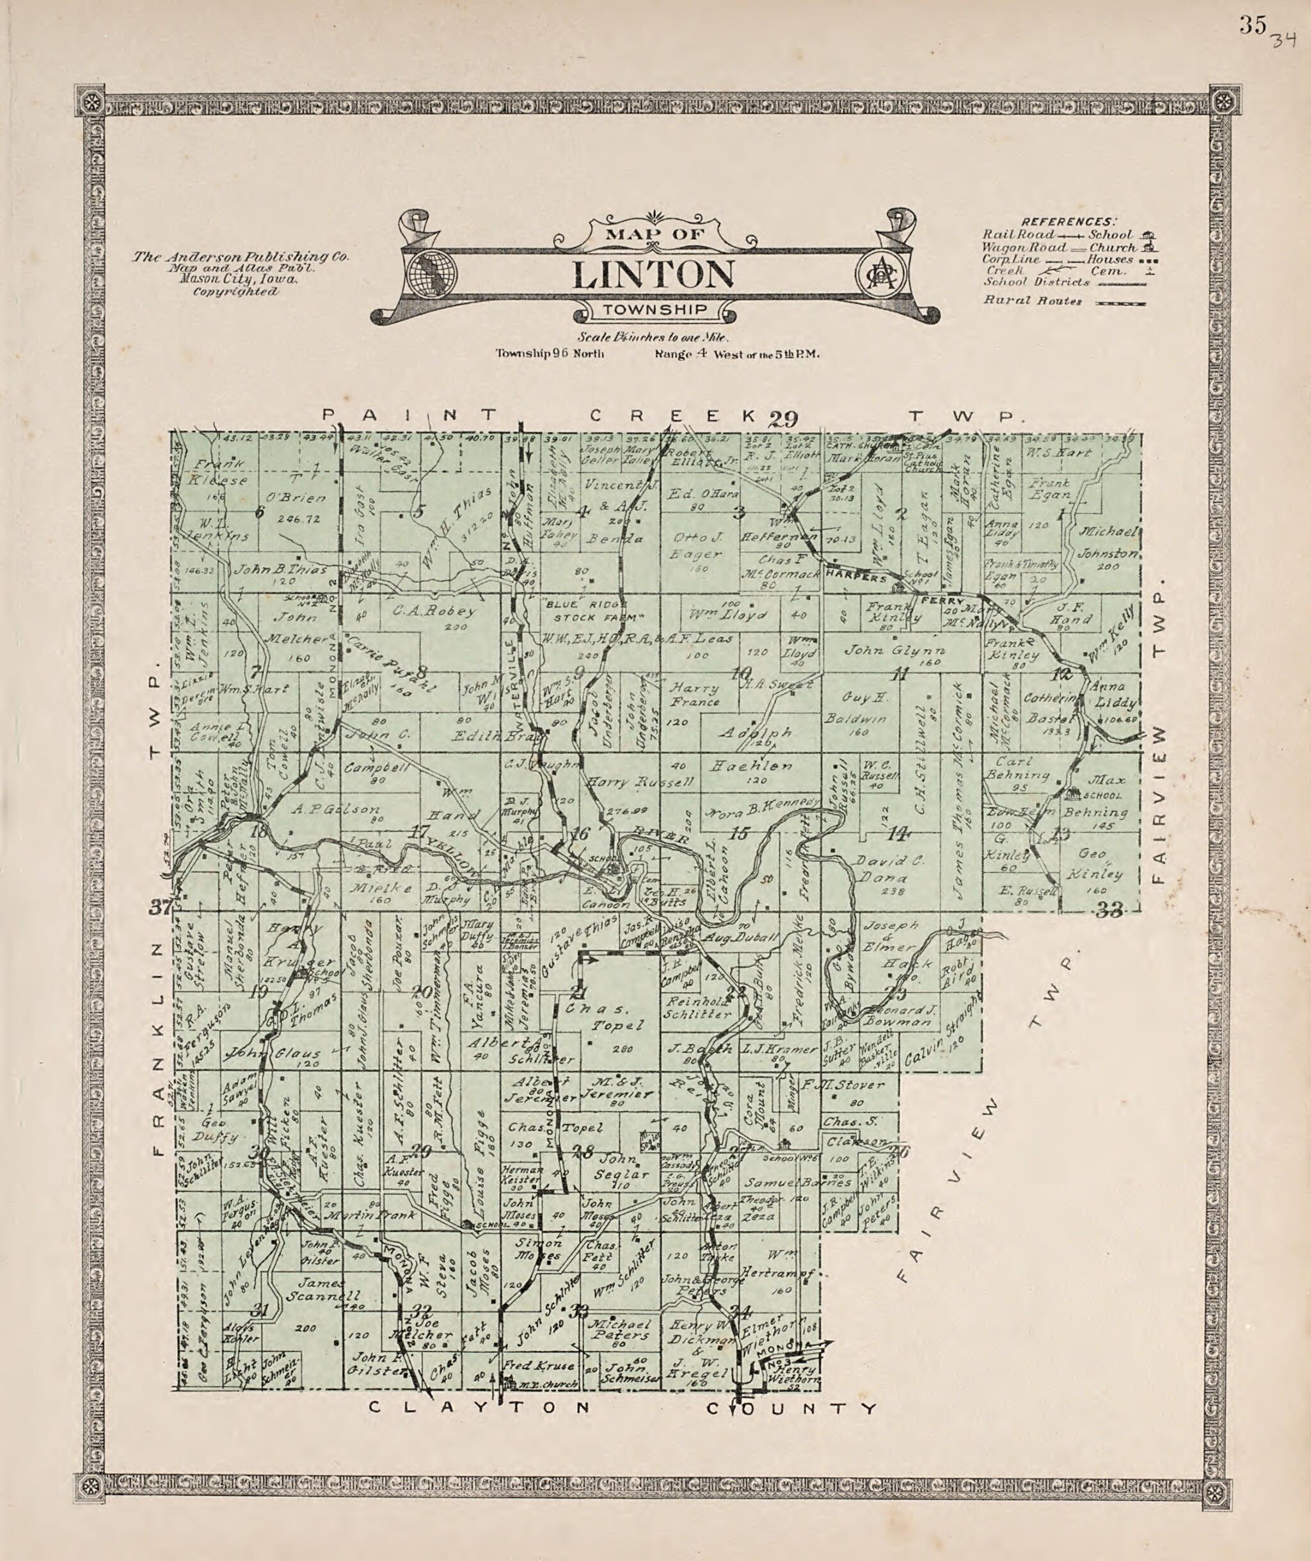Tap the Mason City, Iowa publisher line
point(238,280)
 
